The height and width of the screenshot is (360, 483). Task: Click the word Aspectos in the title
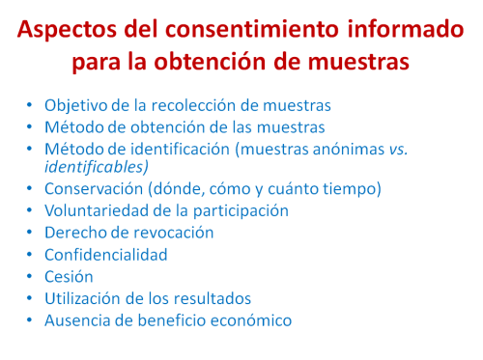click(67, 30)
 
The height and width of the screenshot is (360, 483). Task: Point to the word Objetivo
click(75, 106)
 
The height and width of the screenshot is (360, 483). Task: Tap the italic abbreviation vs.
click(398, 150)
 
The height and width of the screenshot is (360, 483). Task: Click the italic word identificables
click(97, 167)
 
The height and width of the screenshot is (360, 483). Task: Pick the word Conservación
click(94, 189)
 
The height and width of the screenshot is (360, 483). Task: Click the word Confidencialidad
click(106, 255)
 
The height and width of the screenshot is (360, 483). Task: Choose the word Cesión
click(69, 277)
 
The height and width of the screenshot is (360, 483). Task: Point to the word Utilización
click(83, 298)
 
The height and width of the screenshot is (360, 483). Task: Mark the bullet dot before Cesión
click(30, 276)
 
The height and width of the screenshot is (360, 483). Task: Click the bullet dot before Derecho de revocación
click(30, 232)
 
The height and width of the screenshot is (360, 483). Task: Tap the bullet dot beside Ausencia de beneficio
click(30, 320)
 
